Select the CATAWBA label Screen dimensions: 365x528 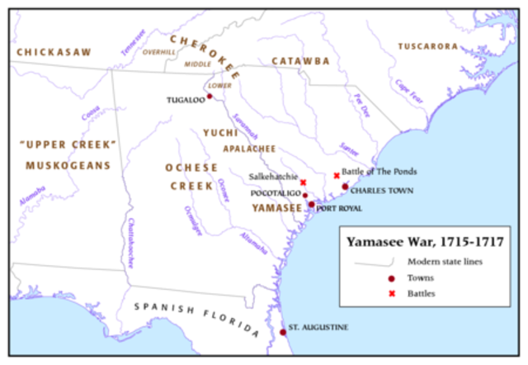click(300, 61)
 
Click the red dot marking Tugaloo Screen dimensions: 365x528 click(210, 97)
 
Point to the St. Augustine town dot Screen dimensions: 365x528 click(283, 332)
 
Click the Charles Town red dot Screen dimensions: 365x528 click(345, 187)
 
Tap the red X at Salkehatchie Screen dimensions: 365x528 click(303, 182)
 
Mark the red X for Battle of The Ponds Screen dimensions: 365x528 click(336, 175)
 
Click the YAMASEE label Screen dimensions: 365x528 click(276, 208)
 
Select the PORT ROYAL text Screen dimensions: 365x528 click(339, 208)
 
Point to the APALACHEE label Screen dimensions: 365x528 click(247, 149)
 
